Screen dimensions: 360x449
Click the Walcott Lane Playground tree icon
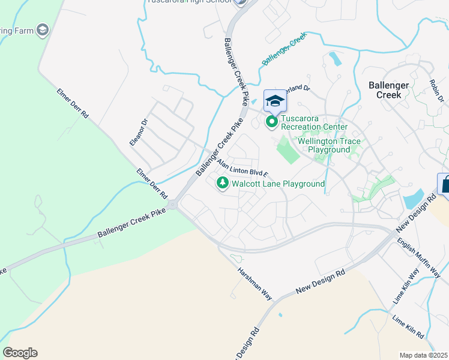(x=223, y=183)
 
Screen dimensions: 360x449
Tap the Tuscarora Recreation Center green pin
(x=272, y=122)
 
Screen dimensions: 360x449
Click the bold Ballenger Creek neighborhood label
(x=388, y=90)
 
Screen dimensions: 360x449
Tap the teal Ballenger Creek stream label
(x=284, y=49)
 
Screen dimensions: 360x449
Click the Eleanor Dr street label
(x=139, y=132)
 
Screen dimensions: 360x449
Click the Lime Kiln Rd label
(x=409, y=326)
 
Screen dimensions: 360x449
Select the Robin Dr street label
(x=436, y=91)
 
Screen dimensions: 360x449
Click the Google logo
(x=20, y=353)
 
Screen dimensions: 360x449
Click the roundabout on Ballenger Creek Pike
(x=173, y=205)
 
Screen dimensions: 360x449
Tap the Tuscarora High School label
(x=190, y=2)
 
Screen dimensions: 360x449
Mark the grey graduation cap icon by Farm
(x=43, y=29)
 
